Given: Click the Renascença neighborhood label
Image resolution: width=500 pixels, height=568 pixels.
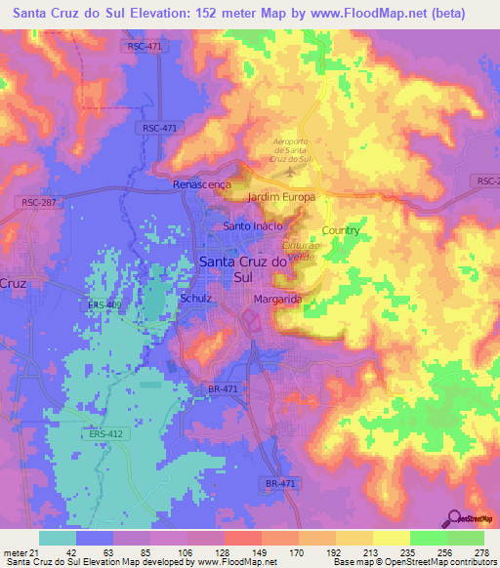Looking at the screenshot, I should tap(201, 183).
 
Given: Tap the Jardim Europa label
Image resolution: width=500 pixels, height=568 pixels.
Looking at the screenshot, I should tap(283, 197).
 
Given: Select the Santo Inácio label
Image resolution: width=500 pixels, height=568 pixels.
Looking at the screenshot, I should tap(253, 226).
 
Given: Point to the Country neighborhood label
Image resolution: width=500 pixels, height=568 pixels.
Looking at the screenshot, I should tap(341, 231).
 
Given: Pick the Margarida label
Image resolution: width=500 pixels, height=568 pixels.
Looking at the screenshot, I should tap(277, 299).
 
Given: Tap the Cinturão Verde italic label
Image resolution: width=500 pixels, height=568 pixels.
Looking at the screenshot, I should tap(301, 251).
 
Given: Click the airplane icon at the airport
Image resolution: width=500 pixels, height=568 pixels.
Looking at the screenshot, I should tap(290, 174).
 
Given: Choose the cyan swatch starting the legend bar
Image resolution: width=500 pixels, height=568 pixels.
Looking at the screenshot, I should tap(58, 538).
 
